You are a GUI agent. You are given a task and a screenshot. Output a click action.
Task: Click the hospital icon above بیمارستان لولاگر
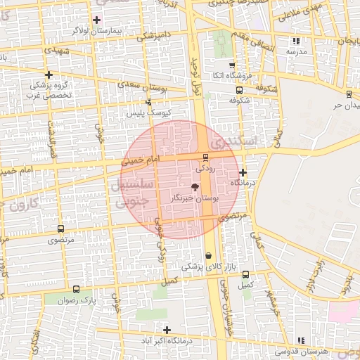click(x=96, y=20)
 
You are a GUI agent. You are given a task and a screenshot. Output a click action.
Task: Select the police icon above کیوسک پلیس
click(x=148, y=102)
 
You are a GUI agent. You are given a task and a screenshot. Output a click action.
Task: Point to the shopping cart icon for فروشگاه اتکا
click(x=232, y=65)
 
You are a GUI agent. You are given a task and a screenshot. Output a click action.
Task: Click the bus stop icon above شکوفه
click(x=239, y=90)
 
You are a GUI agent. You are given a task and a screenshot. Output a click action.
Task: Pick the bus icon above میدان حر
click(x=349, y=94)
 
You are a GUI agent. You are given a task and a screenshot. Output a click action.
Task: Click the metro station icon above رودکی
click(x=205, y=157)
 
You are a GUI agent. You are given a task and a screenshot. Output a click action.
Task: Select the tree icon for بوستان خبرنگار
click(x=195, y=188)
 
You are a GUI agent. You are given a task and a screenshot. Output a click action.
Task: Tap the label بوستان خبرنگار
click(x=195, y=200)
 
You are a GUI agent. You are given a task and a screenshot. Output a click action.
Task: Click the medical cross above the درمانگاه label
click(x=243, y=172)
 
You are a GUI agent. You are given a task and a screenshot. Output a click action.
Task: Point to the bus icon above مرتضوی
click(x=60, y=229)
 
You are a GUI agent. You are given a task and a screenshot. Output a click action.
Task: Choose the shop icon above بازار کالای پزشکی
click(x=207, y=256)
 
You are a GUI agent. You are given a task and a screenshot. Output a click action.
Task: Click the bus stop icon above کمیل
click(x=245, y=275)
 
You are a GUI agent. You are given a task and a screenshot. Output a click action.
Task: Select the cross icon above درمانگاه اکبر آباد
click(x=167, y=330)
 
